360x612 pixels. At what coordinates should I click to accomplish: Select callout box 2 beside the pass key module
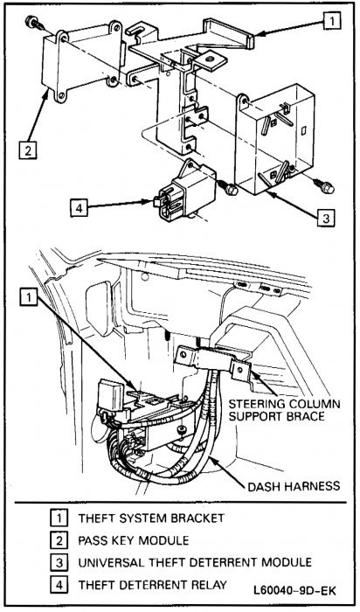29,149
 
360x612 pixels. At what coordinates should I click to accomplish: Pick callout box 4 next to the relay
80,208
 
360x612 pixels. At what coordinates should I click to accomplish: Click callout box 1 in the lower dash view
31,298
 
